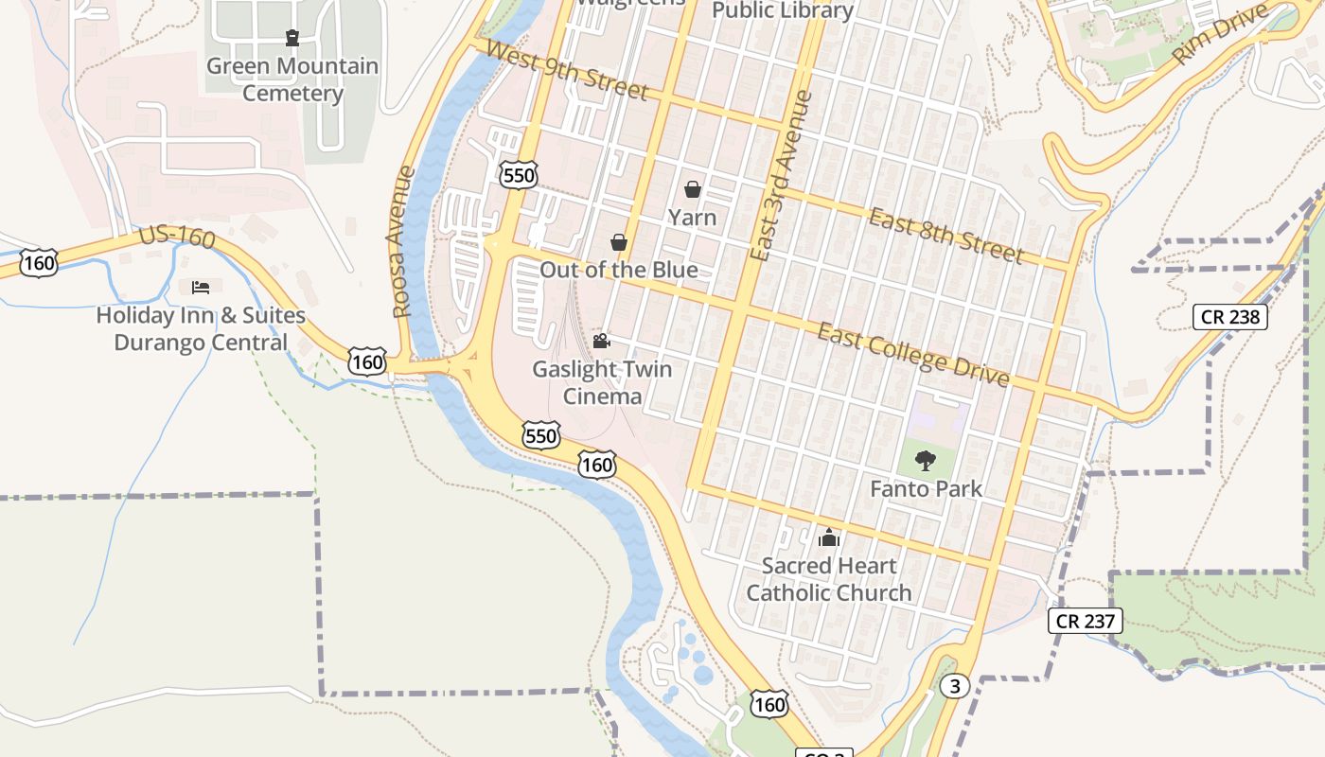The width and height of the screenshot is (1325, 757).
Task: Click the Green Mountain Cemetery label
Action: click(292, 79)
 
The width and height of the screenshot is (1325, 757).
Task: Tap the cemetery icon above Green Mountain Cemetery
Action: click(292, 38)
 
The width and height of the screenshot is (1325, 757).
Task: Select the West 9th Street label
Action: click(565, 69)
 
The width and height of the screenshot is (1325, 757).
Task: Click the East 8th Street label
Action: click(945, 235)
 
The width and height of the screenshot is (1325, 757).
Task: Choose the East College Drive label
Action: click(913, 354)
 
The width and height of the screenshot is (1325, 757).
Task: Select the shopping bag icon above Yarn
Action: click(693, 189)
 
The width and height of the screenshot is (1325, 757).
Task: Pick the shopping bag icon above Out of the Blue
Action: click(619, 242)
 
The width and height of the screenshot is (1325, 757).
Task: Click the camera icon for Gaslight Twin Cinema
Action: click(601, 341)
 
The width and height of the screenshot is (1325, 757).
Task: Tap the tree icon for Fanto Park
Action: click(926, 461)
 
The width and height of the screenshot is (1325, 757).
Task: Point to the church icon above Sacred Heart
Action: click(829, 538)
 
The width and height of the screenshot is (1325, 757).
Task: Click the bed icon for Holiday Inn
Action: click(201, 287)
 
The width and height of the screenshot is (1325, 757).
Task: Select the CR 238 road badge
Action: click(1228, 316)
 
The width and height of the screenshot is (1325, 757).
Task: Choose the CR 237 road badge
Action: click(1086, 621)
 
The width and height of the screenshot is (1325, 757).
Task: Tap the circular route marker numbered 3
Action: click(955, 687)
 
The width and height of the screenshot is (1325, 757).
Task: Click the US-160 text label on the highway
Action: click(177, 236)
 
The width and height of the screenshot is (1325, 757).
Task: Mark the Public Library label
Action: click(783, 10)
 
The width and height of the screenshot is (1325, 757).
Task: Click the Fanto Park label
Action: click(926, 489)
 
